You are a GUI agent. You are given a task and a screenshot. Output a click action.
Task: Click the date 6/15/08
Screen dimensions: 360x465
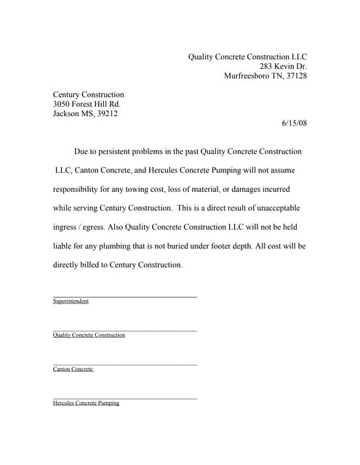pos(294,123)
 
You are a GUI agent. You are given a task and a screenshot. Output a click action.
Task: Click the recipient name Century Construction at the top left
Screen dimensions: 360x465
pos(89,94)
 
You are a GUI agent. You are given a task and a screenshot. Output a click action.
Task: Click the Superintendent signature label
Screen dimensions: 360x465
pos(71,302)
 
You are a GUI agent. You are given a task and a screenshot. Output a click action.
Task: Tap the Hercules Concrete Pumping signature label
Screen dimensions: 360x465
pos(86,403)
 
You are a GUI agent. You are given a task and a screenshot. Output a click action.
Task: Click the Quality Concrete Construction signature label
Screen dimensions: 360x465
pos(89,335)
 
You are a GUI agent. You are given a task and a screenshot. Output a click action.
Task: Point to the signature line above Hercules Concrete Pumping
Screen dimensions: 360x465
pos(124,397)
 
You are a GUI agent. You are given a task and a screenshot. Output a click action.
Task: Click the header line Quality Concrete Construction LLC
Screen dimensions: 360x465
pos(248,56)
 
